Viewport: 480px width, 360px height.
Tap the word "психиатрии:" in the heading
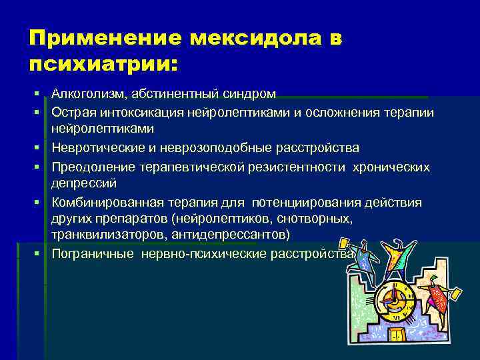coord(103,65)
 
